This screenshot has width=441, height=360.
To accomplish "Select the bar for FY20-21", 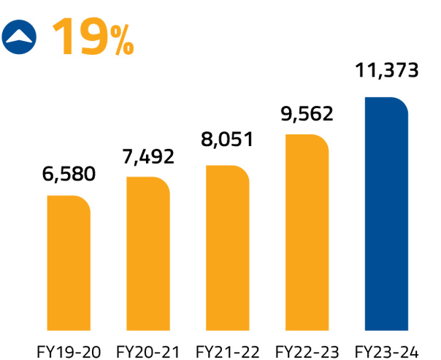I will pos(148,252).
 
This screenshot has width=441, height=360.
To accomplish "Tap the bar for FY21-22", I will pos(228,246).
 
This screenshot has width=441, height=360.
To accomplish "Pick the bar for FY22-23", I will pos(307,231).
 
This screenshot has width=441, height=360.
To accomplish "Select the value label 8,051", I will pos(227,139).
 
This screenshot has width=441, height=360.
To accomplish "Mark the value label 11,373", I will pos(386,71).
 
